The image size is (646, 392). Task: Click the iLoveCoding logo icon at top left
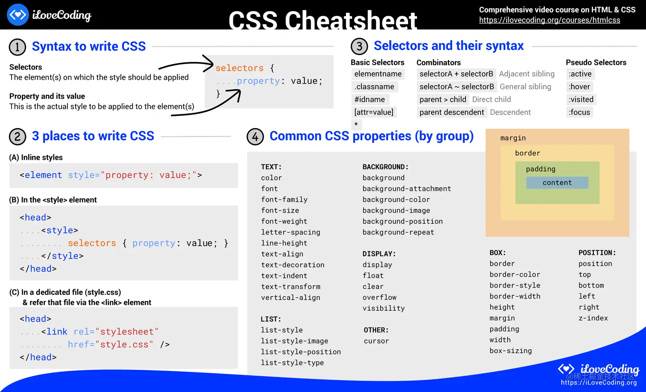(x=18, y=15)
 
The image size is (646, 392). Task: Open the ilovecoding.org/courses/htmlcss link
(x=549, y=20)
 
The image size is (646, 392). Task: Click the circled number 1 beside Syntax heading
(x=18, y=47)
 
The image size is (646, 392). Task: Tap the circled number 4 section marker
(x=255, y=137)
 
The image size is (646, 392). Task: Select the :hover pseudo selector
(x=579, y=87)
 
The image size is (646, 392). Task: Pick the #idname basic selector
(x=370, y=99)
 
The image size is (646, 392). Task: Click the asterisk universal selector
(x=356, y=124)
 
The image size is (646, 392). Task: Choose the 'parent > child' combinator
(x=443, y=99)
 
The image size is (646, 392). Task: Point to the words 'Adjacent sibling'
(x=526, y=74)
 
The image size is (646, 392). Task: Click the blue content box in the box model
(x=557, y=183)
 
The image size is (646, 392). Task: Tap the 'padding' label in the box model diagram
(x=540, y=169)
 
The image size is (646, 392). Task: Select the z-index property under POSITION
(x=593, y=318)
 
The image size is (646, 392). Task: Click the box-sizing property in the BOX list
(x=511, y=351)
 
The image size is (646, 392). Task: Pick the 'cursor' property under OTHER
(x=376, y=341)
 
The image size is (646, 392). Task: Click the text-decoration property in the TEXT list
(x=293, y=265)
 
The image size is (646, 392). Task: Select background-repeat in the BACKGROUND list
(x=398, y=232)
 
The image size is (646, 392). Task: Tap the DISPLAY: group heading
(x=379, y=254)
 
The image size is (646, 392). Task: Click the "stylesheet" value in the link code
(x=127, y=332)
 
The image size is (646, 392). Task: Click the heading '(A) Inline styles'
(x=36, y=158)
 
